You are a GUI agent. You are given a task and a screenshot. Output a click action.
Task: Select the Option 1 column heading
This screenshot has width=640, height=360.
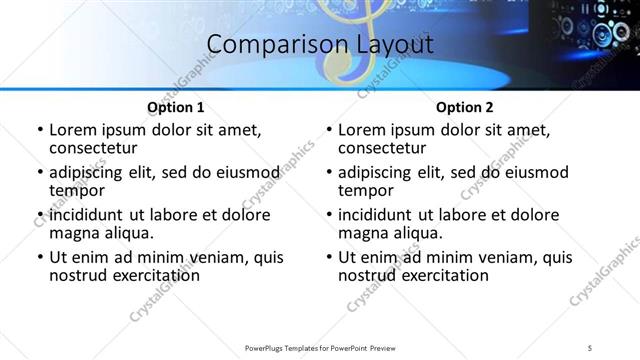pos(175,107)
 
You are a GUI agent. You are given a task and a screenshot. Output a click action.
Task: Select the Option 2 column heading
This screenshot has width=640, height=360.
pos(464,107)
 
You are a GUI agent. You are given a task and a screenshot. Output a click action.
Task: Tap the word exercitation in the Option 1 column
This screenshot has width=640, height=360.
pos(140,275)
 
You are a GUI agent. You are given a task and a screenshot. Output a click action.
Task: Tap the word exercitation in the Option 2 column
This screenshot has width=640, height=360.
pos(429,275)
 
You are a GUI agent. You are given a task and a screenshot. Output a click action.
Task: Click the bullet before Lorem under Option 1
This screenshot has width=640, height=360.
pos(39,130)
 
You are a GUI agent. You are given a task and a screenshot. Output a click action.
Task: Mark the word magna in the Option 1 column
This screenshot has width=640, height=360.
pos(73,232)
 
